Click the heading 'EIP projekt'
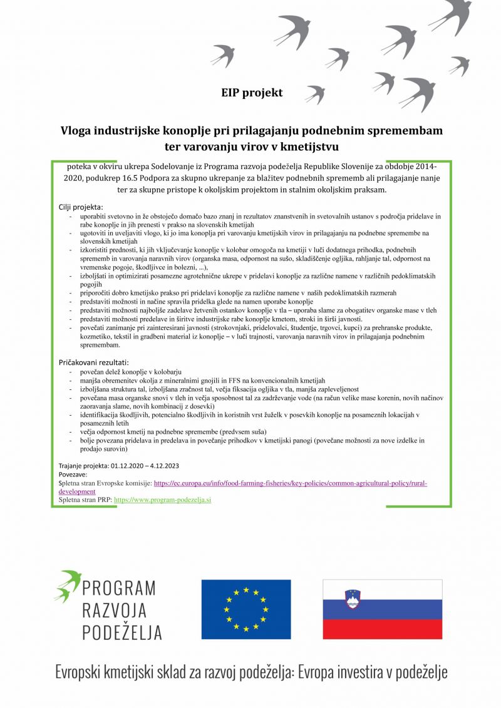[x=252, y=93]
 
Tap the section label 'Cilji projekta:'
[x=80, y=207]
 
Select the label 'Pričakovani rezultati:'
[x=93, y=362]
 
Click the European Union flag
[x=245, y=609]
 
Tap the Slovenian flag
[x=382, y=609]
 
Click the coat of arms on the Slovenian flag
[x=354, y=600]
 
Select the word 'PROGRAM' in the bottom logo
[x=119, y=588]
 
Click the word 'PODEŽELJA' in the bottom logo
[x=122, y=632]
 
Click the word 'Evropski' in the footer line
[x=83, y=673]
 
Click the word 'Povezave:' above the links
[x=74, y=475]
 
